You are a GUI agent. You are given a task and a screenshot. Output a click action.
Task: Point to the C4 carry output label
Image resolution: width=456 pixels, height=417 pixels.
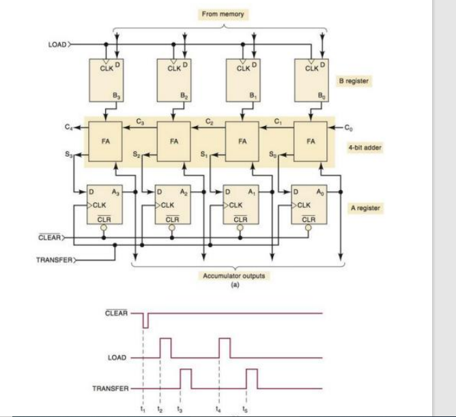point(69,127)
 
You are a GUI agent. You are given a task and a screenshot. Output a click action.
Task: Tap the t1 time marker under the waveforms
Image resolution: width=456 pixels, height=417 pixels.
point(143,409)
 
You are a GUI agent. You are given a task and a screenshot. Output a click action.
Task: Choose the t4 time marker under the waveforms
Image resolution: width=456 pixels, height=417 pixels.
point(218,409)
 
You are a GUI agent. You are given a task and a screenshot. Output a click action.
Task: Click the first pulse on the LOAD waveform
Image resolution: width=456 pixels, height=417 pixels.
point(165,347)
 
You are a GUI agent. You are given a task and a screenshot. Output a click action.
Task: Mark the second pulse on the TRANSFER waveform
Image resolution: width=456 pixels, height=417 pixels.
point(252,378)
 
